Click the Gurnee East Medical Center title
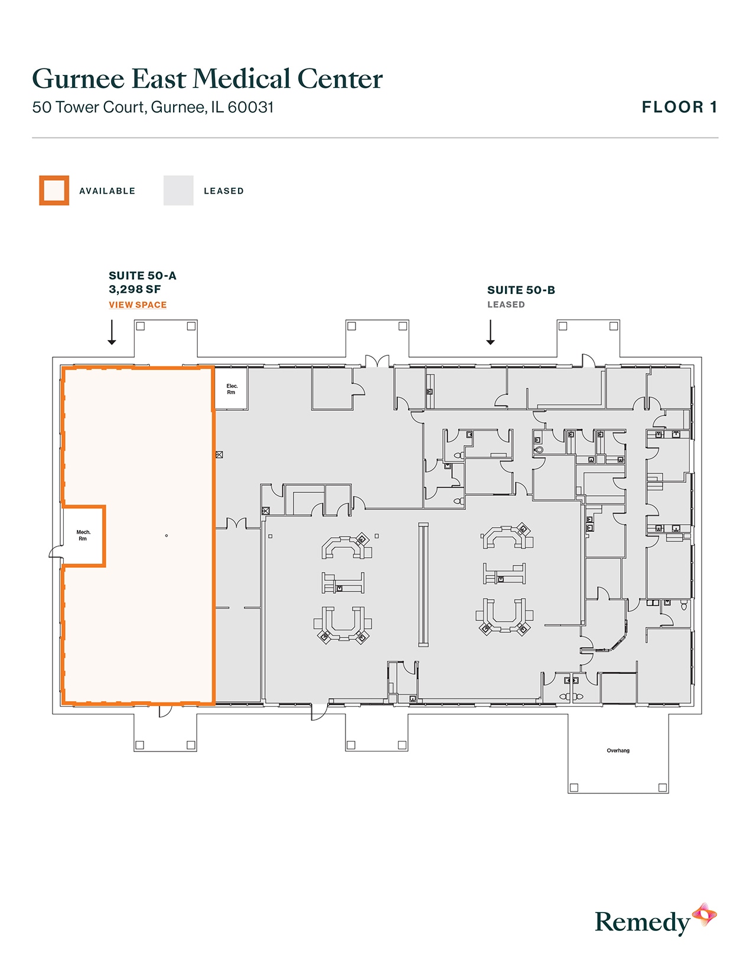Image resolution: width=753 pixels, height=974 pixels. (207, 79)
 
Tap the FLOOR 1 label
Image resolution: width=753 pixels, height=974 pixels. (679, 107)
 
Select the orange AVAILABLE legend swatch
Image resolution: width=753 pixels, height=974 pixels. (54, 191)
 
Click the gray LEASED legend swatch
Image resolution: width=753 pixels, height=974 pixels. (178, 191)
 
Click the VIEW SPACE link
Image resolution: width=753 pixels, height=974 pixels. (138, 305)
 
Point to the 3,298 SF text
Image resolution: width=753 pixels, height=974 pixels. (135, 289)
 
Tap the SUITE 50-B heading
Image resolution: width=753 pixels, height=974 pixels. (521, 290)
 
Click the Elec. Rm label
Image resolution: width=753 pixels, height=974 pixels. (232, 389)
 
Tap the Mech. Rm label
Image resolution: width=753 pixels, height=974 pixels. (83, 535)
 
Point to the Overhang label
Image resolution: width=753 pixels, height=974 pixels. (618, 751)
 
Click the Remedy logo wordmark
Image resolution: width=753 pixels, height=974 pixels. (642, 922)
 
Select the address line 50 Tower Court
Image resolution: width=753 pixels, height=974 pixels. (153, 107)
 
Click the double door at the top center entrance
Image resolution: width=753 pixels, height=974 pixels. (377, 361)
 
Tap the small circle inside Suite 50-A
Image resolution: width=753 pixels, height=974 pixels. (167, 535)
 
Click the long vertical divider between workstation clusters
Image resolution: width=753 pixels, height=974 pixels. (423, 584)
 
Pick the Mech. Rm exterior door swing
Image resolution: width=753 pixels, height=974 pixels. (56, 553)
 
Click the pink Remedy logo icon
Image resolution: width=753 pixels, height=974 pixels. (705, 915)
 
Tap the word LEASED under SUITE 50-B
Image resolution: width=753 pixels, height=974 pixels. (506, 305)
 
